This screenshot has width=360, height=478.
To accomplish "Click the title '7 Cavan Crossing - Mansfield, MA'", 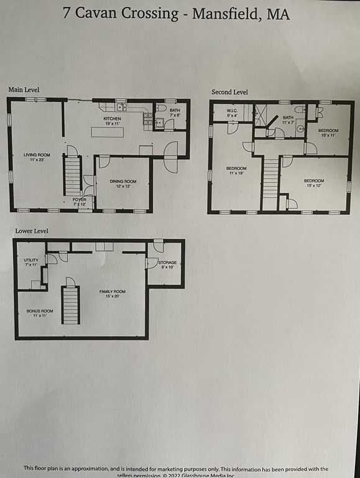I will point(176,14).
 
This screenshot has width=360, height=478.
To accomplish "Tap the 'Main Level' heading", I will point(24,90).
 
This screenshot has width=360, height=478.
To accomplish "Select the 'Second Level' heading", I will point(229,92).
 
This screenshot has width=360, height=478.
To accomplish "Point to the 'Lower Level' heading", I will point(32,231).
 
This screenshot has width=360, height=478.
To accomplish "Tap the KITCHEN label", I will point(112,120).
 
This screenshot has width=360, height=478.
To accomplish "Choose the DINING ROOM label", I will point(122,184).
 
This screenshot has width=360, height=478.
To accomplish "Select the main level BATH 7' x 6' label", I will point(174,112).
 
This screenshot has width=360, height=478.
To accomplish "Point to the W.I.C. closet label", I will point(231,113).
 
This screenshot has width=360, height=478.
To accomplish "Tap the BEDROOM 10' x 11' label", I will point(328,132).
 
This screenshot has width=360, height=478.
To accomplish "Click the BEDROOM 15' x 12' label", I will point(313,183).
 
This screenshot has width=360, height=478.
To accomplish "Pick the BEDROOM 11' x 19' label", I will point(236,171).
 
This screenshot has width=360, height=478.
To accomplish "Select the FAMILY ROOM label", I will point(113,293).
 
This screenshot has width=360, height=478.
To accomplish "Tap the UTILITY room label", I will point(31,262).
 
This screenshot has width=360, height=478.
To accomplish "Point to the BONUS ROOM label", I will point(39,312).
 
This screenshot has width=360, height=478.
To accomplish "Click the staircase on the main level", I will point(73,176).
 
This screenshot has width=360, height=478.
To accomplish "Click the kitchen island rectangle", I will point(107,132).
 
